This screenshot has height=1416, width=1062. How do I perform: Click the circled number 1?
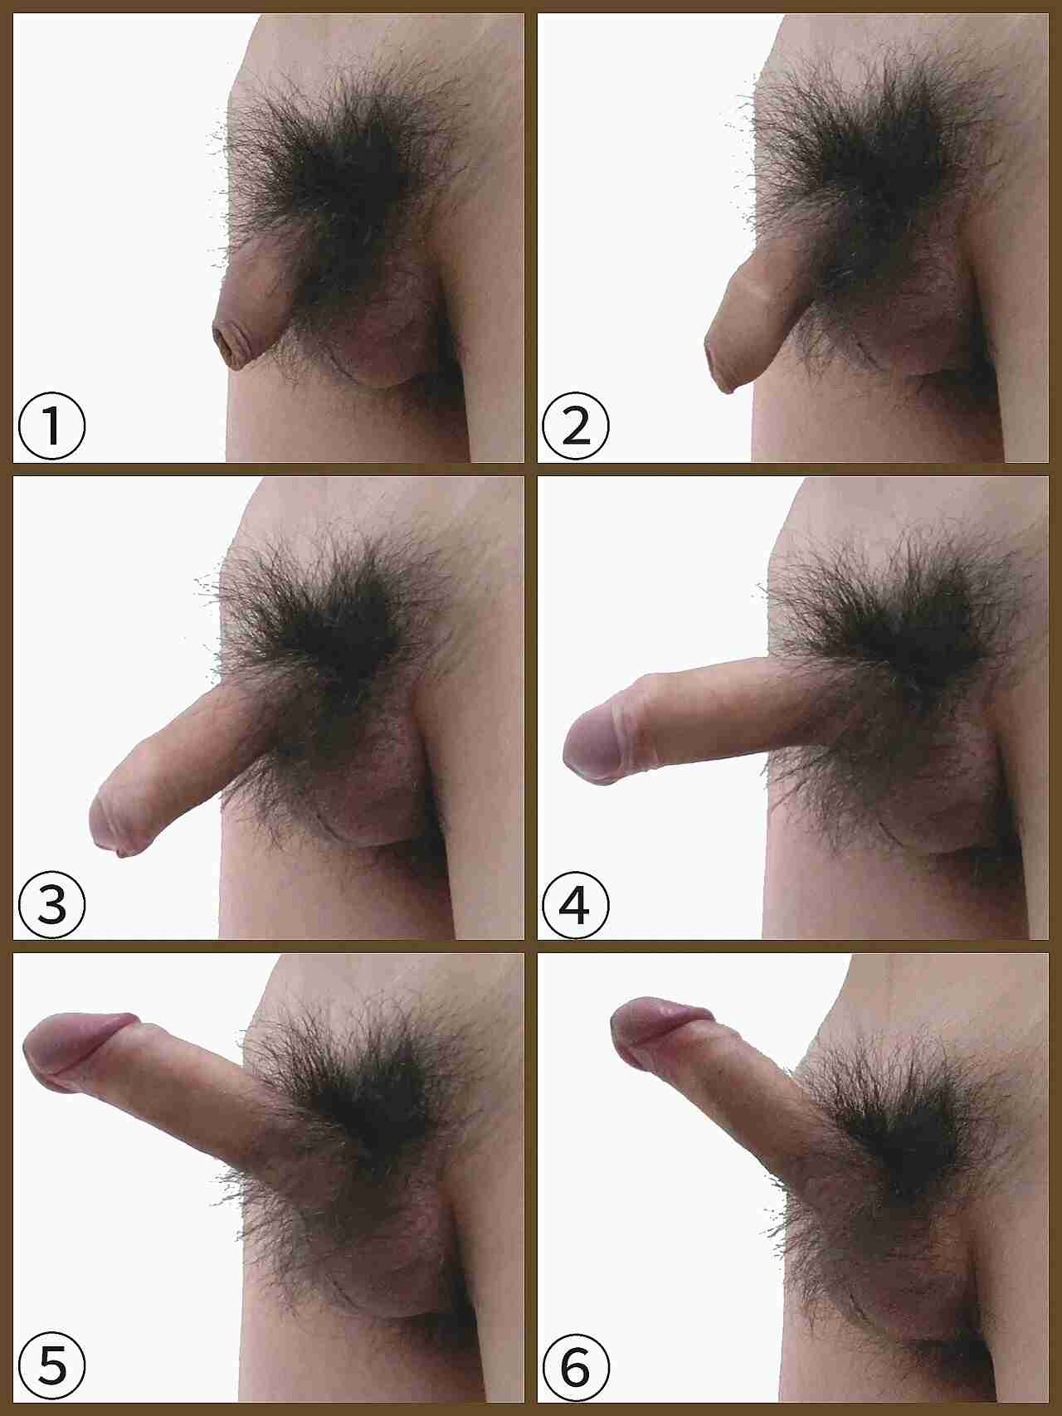pyautogui.click(x=51, y=426)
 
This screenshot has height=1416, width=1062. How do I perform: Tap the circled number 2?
pyautogui.click(x=575, y=426)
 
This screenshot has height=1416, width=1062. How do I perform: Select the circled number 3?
pyautogui.click(x=51, y=904)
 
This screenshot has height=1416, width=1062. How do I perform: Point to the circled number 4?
pyautogui.click(x=575, y=904)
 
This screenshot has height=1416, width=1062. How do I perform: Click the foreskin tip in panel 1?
pyautogui.click(x=226, y=346)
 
